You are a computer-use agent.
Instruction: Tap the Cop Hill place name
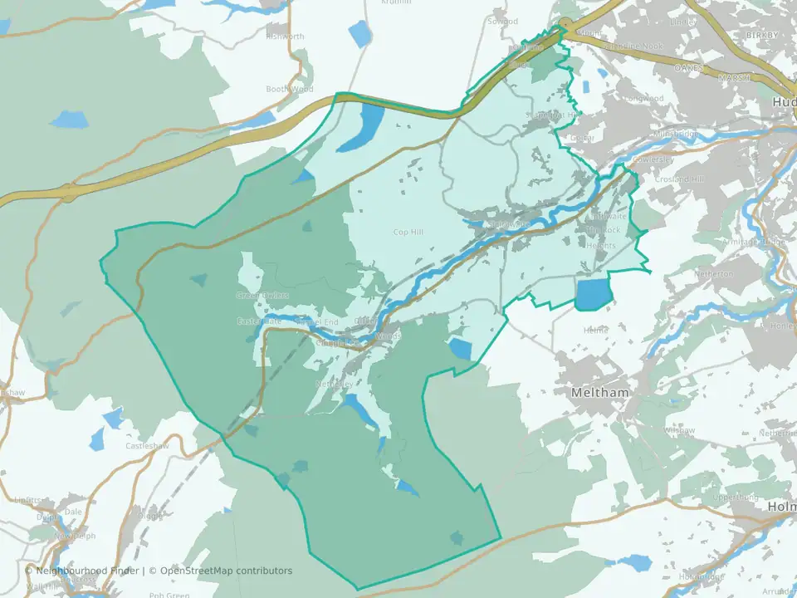(408, 232)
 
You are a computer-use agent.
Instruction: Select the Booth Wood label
(290, 89)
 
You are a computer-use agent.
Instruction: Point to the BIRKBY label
(762, 36)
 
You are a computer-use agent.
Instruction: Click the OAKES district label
(689, 66)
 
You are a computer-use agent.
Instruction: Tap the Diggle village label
(150, 515)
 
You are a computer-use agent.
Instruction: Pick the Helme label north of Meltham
(596, 330)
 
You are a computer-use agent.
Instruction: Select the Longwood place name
(645, 98)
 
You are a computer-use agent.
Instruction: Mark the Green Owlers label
(262, 295)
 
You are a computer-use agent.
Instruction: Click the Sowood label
(503, 22)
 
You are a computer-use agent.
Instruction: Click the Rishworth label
(286, 37)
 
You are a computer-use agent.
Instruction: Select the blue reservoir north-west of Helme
(593, 293)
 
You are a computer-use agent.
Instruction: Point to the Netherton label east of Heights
(715, 273)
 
